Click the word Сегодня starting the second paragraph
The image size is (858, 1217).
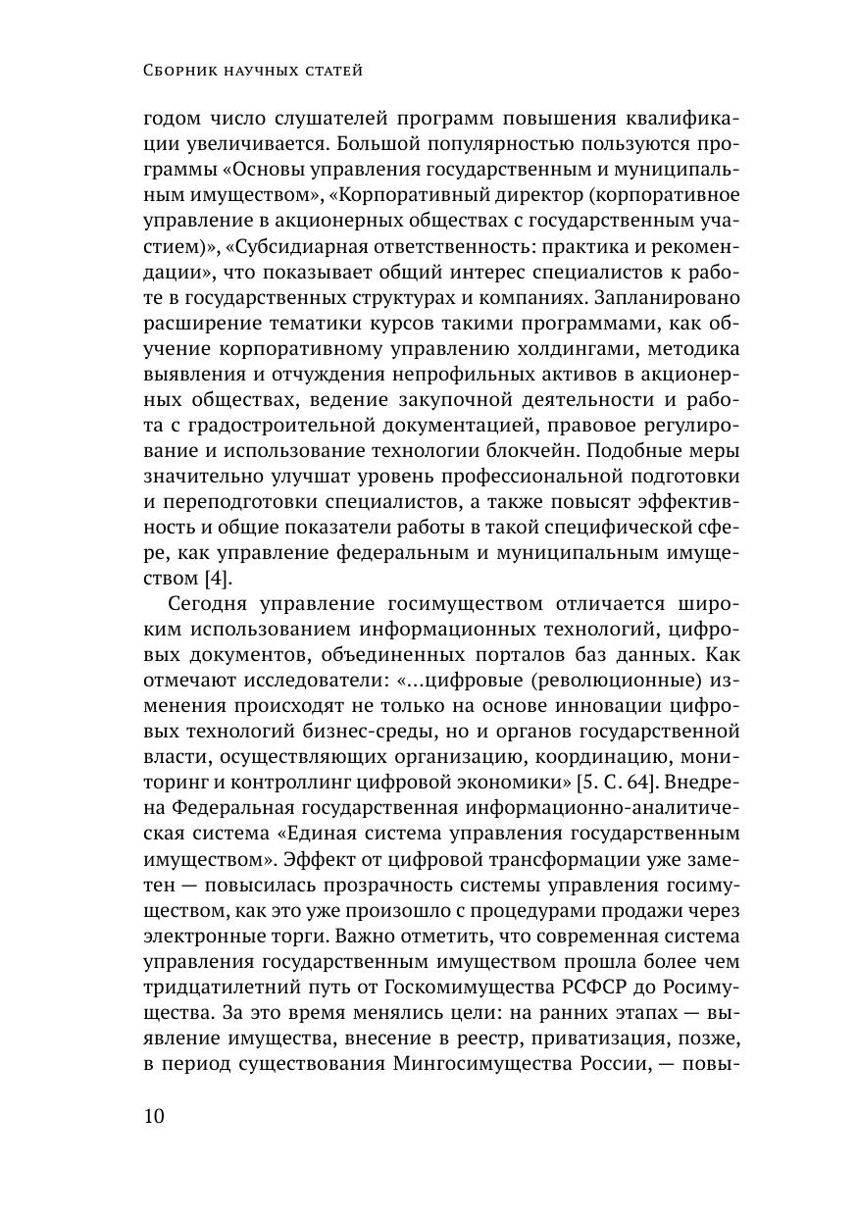click(x=212, y=604)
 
